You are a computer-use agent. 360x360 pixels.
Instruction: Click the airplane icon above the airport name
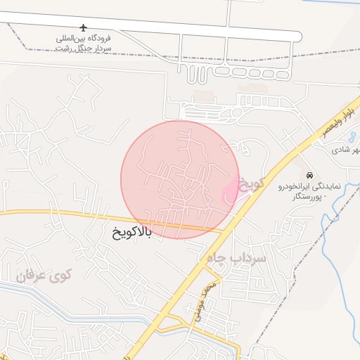click(84, 28)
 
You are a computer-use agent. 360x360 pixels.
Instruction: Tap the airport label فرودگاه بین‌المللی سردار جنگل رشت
click(86, 44)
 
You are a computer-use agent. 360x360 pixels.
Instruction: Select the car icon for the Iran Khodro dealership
click(310, 174)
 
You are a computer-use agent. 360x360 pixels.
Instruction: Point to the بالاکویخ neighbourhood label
click(131, 231)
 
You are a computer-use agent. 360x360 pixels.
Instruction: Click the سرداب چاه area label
click(236, 259)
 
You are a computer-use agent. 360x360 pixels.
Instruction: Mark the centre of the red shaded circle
click(180, 180)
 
